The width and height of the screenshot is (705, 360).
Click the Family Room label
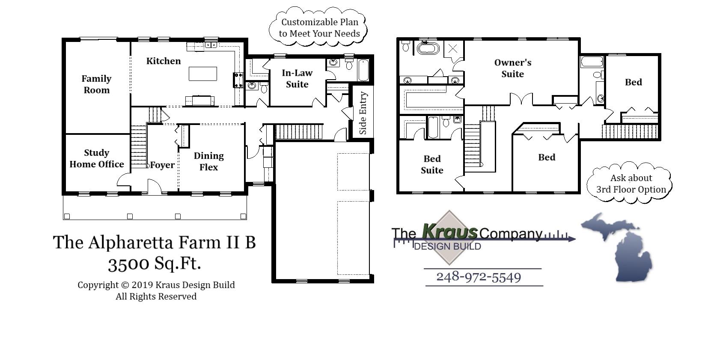(x=96, y=84)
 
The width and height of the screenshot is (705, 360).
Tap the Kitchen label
(x=164, y=61)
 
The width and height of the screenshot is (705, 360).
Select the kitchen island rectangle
(x=203, y=74)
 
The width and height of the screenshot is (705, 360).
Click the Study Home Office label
(x=97, y=158)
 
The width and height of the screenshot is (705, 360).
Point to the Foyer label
(x=162, y=165)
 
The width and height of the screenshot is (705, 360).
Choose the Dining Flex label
(x=208, y=161)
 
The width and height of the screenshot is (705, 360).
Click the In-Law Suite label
(x=297, y=78)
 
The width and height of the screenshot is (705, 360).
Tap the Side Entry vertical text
(x=363, y=113)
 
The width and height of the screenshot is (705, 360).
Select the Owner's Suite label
(x=512, y=68)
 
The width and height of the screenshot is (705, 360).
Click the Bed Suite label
(x=432, y=164)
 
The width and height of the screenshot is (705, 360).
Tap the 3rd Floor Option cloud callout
(x=631, y=184)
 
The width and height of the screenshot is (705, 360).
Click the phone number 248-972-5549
(x=479, y=277)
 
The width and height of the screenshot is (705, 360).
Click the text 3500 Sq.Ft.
(x=154, y=263)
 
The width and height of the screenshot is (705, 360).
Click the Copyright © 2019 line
(x=156, y=285)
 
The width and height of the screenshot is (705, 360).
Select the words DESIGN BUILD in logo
(x=447, y=247)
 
